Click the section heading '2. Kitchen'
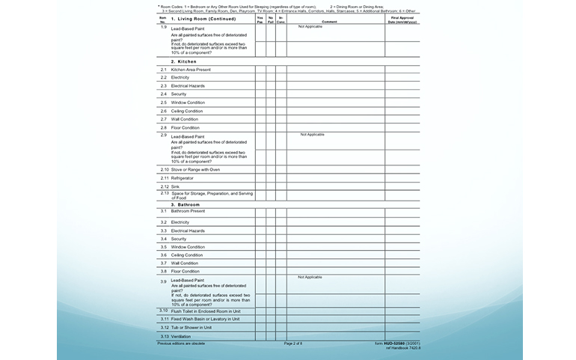pyautogui.click(x=183, y=61)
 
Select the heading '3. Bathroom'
pyautogui.click(x=186, y=204)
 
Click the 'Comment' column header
pyautogui.click(x=329, y=22)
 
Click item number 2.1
pyautogui.click(x=163, y=70)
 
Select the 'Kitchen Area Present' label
pyautogui.click(x=191, y=70)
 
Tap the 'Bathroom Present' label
pyautogui.click(x=188, y=211)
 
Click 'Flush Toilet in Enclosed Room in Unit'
pyautogui.click(x=205, y=311)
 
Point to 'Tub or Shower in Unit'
pyautogui.click(x=192, y=327)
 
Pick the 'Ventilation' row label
pyautogui.click(x=181, y=337)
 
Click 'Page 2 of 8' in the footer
pyautogui.click(x=293, y=343)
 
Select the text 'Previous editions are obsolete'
pyautogui.click(x=181, y=343)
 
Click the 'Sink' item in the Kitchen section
pyautogui.click(x=175, y=186)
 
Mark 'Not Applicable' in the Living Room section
pyautogui.click(x=310, y=27)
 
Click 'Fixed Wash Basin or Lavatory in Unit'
pyautogui.click(x=205, y=319)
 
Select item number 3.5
pyautogui.click(x=163, y=247)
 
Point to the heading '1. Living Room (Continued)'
pyautogui.click(x=203, y=19)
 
